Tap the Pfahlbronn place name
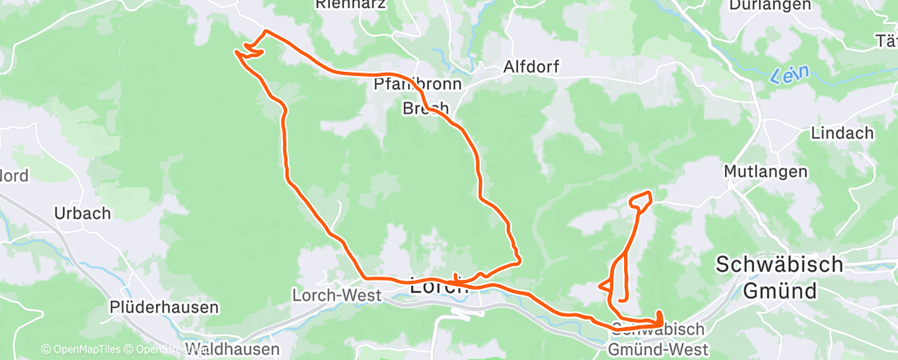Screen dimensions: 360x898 click(x=418, y=84)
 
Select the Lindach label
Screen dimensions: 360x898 click(x=842, y=133)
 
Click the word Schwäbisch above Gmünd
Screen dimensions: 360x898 click(x=779, y=265)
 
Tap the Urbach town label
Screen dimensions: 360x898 click(x=82, y=213)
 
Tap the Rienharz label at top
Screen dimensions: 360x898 click(x=352, y=4)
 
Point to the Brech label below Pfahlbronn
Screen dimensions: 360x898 click(x=425, y=108)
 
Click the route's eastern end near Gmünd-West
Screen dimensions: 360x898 click(x=660, y=319)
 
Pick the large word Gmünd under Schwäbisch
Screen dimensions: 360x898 click(x=779, y=291)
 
